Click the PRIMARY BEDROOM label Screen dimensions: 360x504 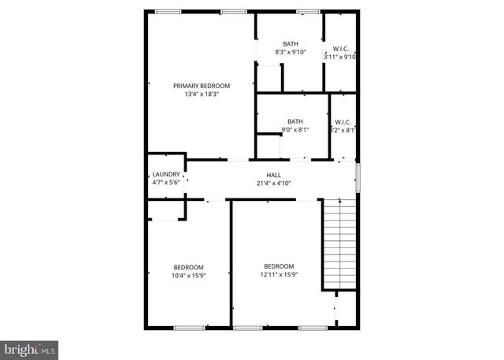pyautogui.click(x=202, y=85)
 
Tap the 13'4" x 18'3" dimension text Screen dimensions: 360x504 pyautogui.click(x=202, y=94)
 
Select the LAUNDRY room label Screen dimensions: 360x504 pyautogui.click(x=166, y=174)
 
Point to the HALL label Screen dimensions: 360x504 pyautogui.click(x=274, y=175)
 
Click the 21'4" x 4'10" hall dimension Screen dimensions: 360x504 pyautogui.click(x=274, y=184)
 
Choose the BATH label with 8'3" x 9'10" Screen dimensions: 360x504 pyautogui.click(x=291, y=44)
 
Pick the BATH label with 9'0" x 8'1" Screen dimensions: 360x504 pyautogui.click(x=295, y=121)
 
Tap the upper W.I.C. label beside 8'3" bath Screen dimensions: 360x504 pyautogui.click(x=341, y=48)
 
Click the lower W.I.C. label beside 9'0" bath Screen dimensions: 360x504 pyautogui.click(x=343, y=122)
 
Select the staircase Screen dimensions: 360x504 pyautogui.click(x=339, y=245)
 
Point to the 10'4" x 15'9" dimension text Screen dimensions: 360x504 pyautogui.click(x=189, y=275)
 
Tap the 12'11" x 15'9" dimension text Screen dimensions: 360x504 pyautogui.click(x=279, y=275)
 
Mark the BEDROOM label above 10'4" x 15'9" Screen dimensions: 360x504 pyautogui.click(x=189, y=266)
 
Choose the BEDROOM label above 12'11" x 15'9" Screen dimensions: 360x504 pyautogui.click(x=279, y=266)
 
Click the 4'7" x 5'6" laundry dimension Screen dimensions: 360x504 pyautogui.click(x=166, y=183)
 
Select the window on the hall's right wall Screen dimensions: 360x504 pyautogui.click(x=358, y=177)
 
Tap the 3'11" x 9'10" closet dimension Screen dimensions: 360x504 pyautogui.click(x=340, y=57)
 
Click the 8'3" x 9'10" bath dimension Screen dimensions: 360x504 pyautogui.click(x=291, y=53)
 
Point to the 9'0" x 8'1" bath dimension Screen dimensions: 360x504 pyautogui.click(x=295, y=130)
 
